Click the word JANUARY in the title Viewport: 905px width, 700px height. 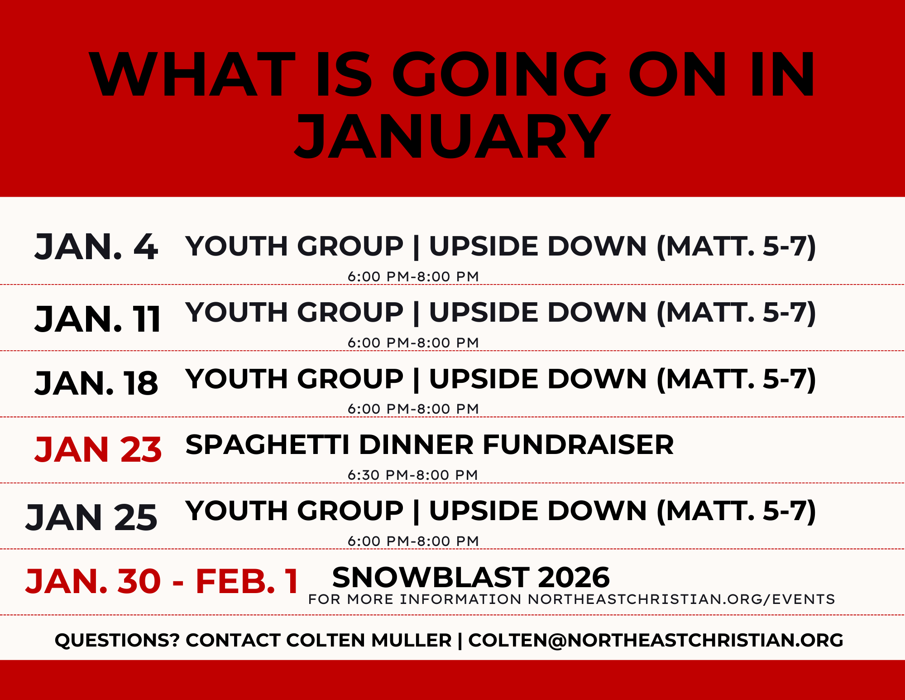(x=453, y=136)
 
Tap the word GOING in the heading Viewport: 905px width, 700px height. (x=499, y=75)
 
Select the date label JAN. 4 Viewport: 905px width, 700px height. (x=96, y=247)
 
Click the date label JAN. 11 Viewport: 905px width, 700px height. (x=98, y=319)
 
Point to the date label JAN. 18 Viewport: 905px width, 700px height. (x=96, y=383)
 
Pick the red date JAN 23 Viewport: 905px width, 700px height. (x=98, y=450)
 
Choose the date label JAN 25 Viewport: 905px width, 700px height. (x=91, y=517)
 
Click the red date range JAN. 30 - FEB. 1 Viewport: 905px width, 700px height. (x=162, y=581)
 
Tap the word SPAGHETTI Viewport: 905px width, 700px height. (x=267, y=444)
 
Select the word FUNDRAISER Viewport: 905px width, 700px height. (x=578, y=444)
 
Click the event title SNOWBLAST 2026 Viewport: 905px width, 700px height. (x=471, y=578)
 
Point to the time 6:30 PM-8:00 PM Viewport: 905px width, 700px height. (x=413, y=475)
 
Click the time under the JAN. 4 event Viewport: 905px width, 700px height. (x=413, y=276)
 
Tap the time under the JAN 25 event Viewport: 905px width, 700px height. (x=413, y=541)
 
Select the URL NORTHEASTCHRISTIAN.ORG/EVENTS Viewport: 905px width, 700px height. (x=681, y=599)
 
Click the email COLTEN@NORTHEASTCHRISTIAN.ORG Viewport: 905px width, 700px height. (x=656, y=640)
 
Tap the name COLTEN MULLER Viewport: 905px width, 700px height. (x=369, y=640)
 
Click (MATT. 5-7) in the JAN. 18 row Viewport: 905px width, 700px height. (x=736, y=379)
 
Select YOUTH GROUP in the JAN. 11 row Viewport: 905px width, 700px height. (x=294, y=313)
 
